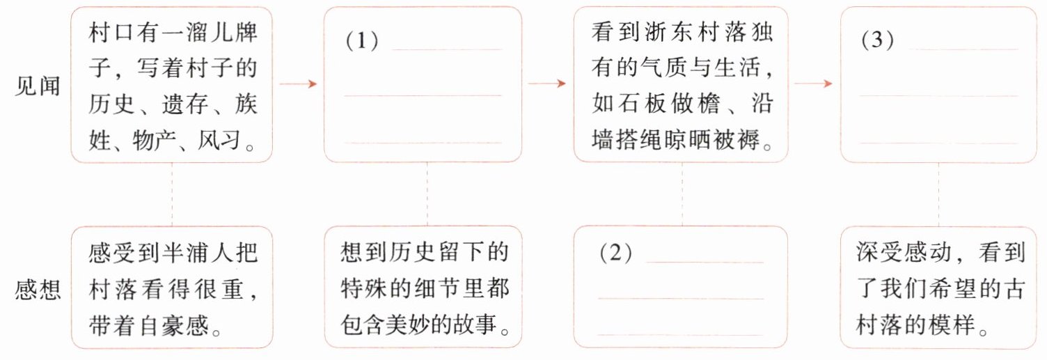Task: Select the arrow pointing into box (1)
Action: tap(298, 84)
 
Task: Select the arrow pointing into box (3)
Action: tap(813, 84)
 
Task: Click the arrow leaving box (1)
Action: tap(547, 84)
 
